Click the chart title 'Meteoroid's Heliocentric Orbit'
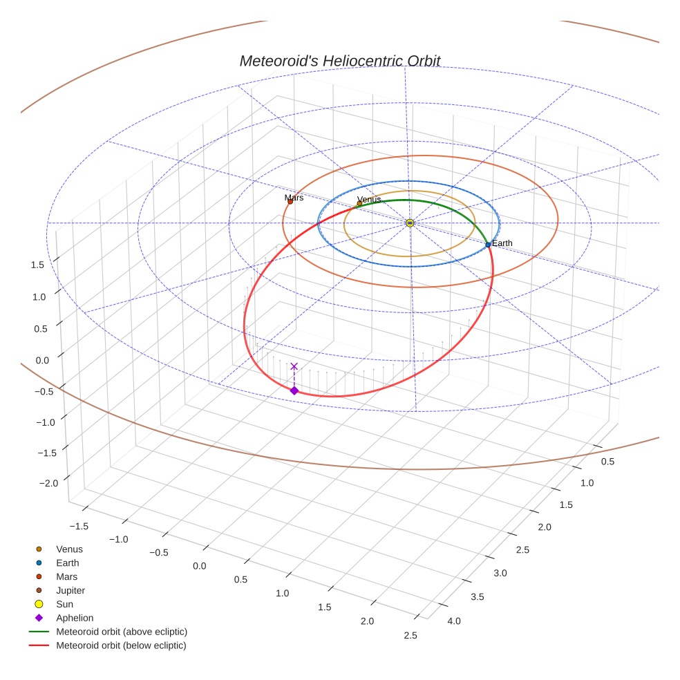click(x=339, y=61)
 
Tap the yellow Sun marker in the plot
click(x=410, y=223)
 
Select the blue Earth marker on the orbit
click(x=488, y=245)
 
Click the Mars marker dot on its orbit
click(x=290, y=202)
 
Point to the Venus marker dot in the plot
click(x=359, y=203)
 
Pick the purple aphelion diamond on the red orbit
click(x=294, y=390)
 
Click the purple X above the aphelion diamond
click(x=294, y=366)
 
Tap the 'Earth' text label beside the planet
click(x=502, y=243)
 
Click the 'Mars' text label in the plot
click(x=294, y=198)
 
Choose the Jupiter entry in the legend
click(x=70, y=590)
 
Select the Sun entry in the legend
click(x=64, y=604)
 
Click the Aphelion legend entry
click(x=75, y=618)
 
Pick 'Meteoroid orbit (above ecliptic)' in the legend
click(x=122, y=632)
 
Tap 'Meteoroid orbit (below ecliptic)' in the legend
click(x=121, y=645)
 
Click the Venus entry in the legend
click(x=69, y=549)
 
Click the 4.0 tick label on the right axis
click(x=454, y=621)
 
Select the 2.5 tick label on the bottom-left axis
click(x=410, y=635)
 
